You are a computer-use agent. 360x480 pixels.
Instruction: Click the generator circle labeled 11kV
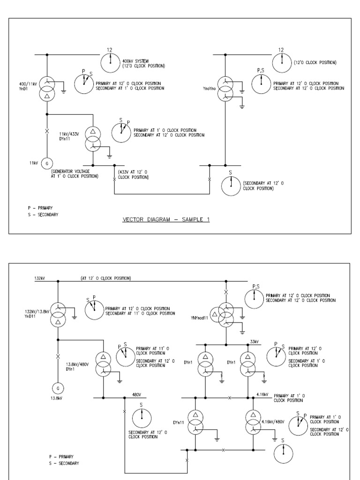pos(47,163)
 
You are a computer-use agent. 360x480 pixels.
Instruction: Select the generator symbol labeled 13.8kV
pos(58,388)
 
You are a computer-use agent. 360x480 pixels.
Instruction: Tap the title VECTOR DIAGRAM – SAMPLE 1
pos(166,219)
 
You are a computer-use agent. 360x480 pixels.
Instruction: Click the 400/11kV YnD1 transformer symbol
pos(47,88)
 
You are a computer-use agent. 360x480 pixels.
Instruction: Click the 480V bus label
pos(137,394)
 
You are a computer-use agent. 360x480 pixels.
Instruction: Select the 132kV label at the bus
pos(40,278)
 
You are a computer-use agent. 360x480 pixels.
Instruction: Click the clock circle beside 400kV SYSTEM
pos(111,60)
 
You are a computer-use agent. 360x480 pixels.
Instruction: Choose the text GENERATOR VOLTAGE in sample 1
pos(69,172)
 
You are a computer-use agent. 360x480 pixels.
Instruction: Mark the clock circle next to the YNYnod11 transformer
pos(254,297)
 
